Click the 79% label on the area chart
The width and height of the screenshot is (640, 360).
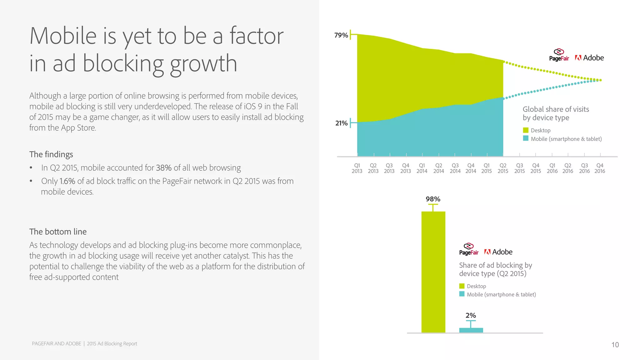coord(341,35)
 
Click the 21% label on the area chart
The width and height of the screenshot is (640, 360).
coord(341,123)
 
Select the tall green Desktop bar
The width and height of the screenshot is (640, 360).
coord(433,272)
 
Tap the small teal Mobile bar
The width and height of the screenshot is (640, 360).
coord(471,330)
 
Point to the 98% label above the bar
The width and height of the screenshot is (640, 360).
coord(433,199)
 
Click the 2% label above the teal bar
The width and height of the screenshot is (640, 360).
coord(471,315)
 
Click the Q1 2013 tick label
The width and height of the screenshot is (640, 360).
coord(357,168)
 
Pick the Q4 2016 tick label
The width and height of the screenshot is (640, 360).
coord(600,168)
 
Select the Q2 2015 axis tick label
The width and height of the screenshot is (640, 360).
coord(503,168)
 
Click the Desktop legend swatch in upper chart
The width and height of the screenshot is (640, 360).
coord(526,130)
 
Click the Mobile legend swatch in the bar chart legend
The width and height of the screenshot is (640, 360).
coord(462,294)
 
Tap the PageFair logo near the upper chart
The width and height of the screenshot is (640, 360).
coord(559,55)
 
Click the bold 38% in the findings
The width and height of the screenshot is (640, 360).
coord(164,168)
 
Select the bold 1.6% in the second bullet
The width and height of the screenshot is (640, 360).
coord(67,181)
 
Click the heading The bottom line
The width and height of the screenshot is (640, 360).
coord(58,232)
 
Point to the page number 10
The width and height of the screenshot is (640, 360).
coord(615,345)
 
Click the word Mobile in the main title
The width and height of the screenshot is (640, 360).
coord(63,36)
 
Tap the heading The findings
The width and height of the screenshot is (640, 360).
coord(51,154)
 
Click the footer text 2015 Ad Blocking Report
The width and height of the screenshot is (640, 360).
coord(112,344)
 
